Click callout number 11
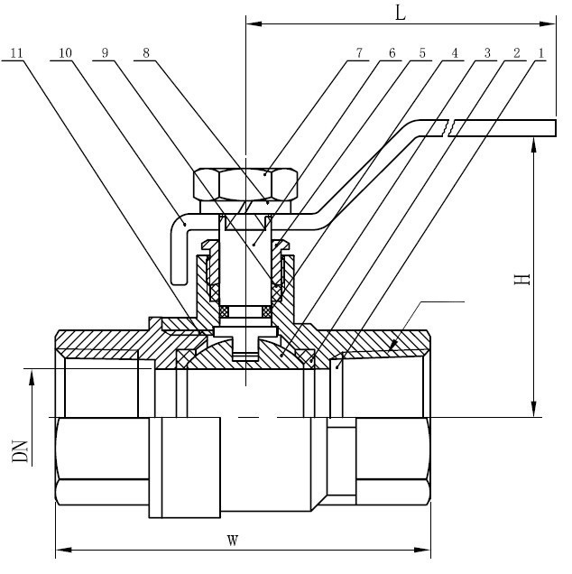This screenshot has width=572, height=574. (x=16, y=53)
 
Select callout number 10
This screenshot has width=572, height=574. (x=64, y=53)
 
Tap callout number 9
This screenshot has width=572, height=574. (x=106, y=53)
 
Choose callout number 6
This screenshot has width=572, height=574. (x=392, y=53)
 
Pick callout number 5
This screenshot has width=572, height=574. (x=422, y=53)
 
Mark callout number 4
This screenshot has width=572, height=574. (x=456, y=53)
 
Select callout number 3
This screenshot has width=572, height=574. (x=486, y=53)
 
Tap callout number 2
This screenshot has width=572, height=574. (x=516, y=53)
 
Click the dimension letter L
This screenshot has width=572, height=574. (x=401, y=13)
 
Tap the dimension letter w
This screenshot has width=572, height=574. (x=232, y=540)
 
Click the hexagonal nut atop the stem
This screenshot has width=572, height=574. (x=245, y=186)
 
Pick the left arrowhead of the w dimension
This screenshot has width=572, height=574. (x=62, y=549)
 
